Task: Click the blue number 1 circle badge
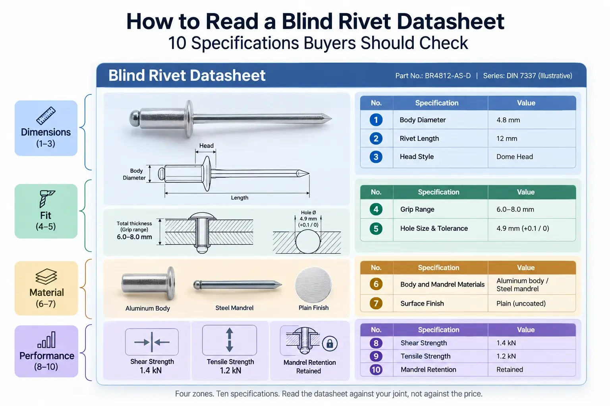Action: (x=376, y=120)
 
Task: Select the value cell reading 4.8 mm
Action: (x=532, y=120)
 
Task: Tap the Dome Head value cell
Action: (x=532, y=157)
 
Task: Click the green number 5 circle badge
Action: (x=376, y=228)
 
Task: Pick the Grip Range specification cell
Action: (x=440, y=209)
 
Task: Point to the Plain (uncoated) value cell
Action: (x=532, y=303)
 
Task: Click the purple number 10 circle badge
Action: (x=376, y=370)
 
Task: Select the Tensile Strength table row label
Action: (x=425, y=356)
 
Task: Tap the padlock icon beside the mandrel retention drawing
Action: (x=330, y=344)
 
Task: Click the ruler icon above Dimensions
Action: (x=46, y=115)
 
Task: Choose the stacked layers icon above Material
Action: (x=46, y=277)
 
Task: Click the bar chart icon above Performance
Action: (x=46, y=340)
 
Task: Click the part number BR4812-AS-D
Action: (x=448, y=76)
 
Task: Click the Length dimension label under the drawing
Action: (x=239, y=198)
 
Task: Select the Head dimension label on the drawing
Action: (x=207, y=146)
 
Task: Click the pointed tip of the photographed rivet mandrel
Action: (x=332, y=118)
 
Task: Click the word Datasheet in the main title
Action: (x=450, y=22)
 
